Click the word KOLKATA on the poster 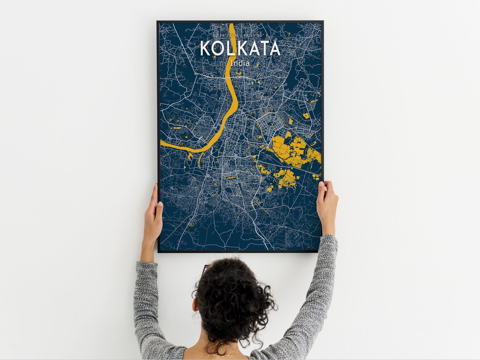coord(240,48)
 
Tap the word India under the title coord(240,63)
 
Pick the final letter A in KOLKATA coord(274,48)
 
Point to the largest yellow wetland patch coord(291,149)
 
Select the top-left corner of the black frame coord(158,21)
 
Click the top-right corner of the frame coord(323,21)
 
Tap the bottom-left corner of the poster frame coord(158,252)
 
